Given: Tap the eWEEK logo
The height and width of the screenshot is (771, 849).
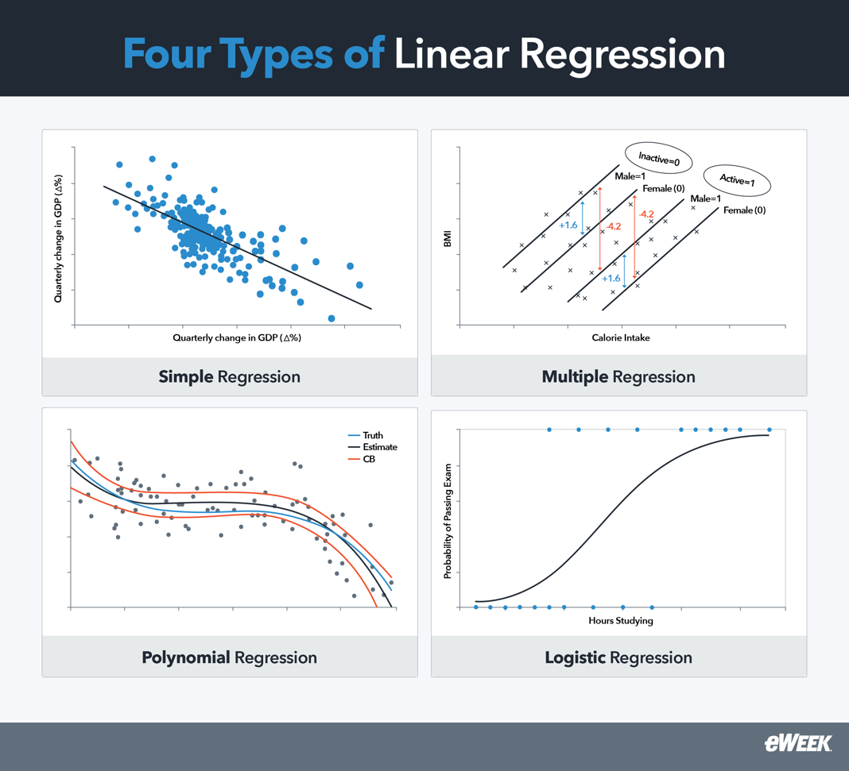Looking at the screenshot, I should click(x=797, y=743).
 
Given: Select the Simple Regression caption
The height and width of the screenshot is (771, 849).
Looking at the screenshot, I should click(x=230, y=376).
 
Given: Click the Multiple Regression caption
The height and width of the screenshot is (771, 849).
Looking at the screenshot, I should click(x=618, y=376).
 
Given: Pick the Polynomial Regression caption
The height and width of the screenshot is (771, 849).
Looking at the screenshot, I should click(x=229, y=657).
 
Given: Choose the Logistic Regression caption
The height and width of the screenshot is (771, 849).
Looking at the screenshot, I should click(x=618, y=657).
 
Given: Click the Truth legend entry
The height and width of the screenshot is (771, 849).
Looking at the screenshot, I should click(x=372, y=435).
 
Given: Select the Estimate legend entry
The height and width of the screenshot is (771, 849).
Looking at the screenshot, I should click(x=379, y=447).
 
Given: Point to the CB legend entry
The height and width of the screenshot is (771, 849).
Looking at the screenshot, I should click(x=368, y=459).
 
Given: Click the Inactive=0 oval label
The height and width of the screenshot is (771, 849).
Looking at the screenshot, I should click(x=658, y=159).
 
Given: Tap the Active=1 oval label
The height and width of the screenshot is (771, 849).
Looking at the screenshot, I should click(x=737, y=180).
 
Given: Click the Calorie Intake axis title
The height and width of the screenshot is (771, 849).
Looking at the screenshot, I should click(x=620, y=337).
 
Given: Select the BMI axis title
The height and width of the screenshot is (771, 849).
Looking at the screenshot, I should click(x=447, y=238).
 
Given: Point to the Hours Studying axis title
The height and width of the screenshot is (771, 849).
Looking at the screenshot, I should click(x=621, y=620).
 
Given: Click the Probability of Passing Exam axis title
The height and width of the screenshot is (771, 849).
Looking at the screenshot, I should click(x=448, y=520).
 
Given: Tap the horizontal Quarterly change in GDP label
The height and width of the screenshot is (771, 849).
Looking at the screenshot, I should click(x=237, y=337).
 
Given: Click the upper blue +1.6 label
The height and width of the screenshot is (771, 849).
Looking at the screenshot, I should click(x=568, y=226).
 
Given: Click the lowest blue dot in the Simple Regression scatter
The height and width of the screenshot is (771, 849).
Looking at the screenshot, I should click(x=331, y=318).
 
